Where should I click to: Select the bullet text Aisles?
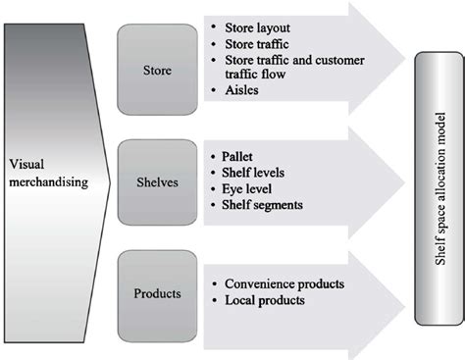[243, 91]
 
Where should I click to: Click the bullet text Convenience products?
[285, 284]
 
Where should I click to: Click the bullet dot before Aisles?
[214, 92]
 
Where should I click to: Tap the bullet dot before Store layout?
[214, 27]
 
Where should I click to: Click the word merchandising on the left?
[46, 181]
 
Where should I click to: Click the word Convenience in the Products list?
[260, 284]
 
